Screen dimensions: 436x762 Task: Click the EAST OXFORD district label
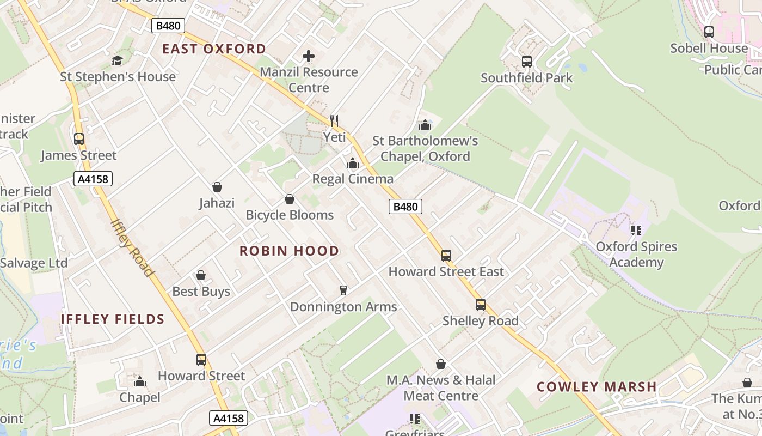coord(214,49)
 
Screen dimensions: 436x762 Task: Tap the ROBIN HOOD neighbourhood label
coord(289,251)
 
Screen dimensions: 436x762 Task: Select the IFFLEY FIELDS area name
coord(112,319)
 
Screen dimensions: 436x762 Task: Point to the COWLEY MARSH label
coord(597,387)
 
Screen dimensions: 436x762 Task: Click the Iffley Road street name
coord(132,248)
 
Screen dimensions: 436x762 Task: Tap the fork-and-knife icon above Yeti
coord(334,120)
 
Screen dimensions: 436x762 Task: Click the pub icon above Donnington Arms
coord(343,290)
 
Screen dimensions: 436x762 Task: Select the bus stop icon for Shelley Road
coord(480,305)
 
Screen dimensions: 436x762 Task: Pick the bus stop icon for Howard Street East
coord(446,255)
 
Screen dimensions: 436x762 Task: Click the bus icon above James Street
coord(79,139)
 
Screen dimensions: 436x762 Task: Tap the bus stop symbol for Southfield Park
coord(526,62)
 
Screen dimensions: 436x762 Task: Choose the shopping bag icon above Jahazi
coord(217,187)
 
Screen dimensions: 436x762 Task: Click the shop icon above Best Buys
coord(201,275)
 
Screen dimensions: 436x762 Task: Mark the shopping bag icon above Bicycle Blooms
coord(290,199)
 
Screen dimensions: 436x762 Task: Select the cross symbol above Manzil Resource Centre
coord(308,56)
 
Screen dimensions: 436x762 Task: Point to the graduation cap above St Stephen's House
coord(118,60)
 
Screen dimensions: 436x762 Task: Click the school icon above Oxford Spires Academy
coord(636,231)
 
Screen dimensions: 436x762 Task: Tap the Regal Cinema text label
coord(352,179)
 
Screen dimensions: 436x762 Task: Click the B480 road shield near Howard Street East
coord(405,207)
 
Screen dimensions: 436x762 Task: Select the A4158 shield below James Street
coord(93,178)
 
